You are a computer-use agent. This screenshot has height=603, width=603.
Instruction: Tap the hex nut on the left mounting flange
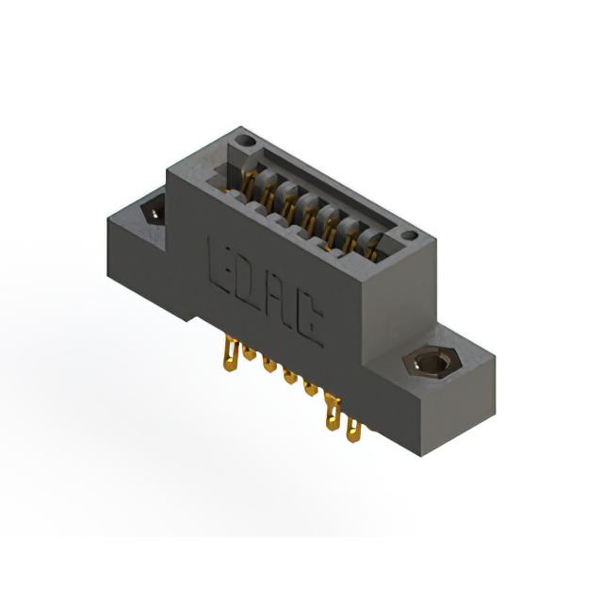(152, 211)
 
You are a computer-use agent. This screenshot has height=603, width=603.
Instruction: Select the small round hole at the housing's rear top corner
(246, 142)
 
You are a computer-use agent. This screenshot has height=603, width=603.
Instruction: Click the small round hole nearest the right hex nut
(409, 236)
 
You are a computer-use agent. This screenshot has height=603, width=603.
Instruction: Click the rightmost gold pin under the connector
(353, 432)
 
